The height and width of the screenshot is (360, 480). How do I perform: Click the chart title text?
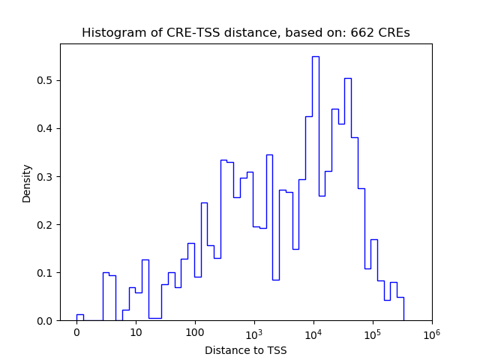pyautogui.click(x=245, y=33)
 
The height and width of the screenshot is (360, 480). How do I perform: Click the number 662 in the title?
pyautogui.click(x=364, y=33)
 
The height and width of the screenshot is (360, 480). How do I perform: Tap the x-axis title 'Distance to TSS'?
pyautogui.click(x=245, y=350)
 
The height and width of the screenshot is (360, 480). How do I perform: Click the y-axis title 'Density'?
pyautogui.click(x=27, y=183)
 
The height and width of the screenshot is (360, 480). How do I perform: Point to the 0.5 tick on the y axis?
pyautogui.click(x=47, y=80)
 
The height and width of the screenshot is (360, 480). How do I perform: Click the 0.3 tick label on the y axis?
pyautogui.click(x=47, y=177)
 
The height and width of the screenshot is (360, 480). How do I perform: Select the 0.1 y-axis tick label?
pyautogui.click(x=47, y=273)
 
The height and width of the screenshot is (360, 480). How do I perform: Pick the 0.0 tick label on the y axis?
pyautogui.click(x=47, y=321)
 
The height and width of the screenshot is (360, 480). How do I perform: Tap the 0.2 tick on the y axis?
pyautogui.click(x=47, y=225)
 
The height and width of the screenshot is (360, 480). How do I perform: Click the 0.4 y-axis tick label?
pyautogui.click(x=47, y=128)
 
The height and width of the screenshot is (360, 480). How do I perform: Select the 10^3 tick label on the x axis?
pyautogui.click(x=254, y=332)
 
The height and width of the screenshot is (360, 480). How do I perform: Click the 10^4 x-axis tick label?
pyautogui.click(x=313, y=332)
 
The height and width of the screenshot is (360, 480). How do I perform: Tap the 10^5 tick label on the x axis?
pyautogui.click(x=373, y=332)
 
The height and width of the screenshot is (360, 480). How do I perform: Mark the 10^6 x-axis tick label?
pyautogui.click(x=431, y=332)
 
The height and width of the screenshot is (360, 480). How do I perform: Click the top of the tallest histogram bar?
pyautogui.click(x=316, y=56)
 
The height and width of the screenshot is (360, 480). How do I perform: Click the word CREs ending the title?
pyautogui.click(x=395, y=33)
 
